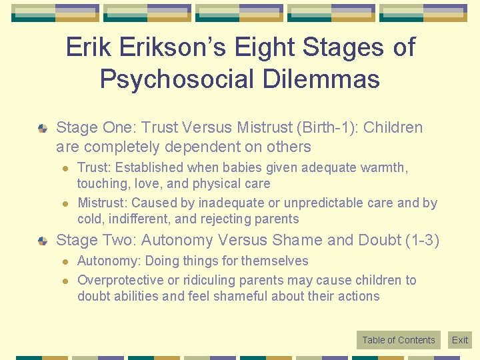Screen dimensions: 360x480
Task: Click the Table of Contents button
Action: pos(399,340)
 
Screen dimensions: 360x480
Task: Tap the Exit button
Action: pos(460,340)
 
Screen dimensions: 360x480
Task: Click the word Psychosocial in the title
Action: pos(177,79)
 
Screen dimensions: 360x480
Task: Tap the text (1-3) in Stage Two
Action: pos(422,240)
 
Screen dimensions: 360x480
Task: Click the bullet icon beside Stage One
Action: pos(43,127)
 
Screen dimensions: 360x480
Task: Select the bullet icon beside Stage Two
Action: pos(43,240)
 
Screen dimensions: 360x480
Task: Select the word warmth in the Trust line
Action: pos(385,167)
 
